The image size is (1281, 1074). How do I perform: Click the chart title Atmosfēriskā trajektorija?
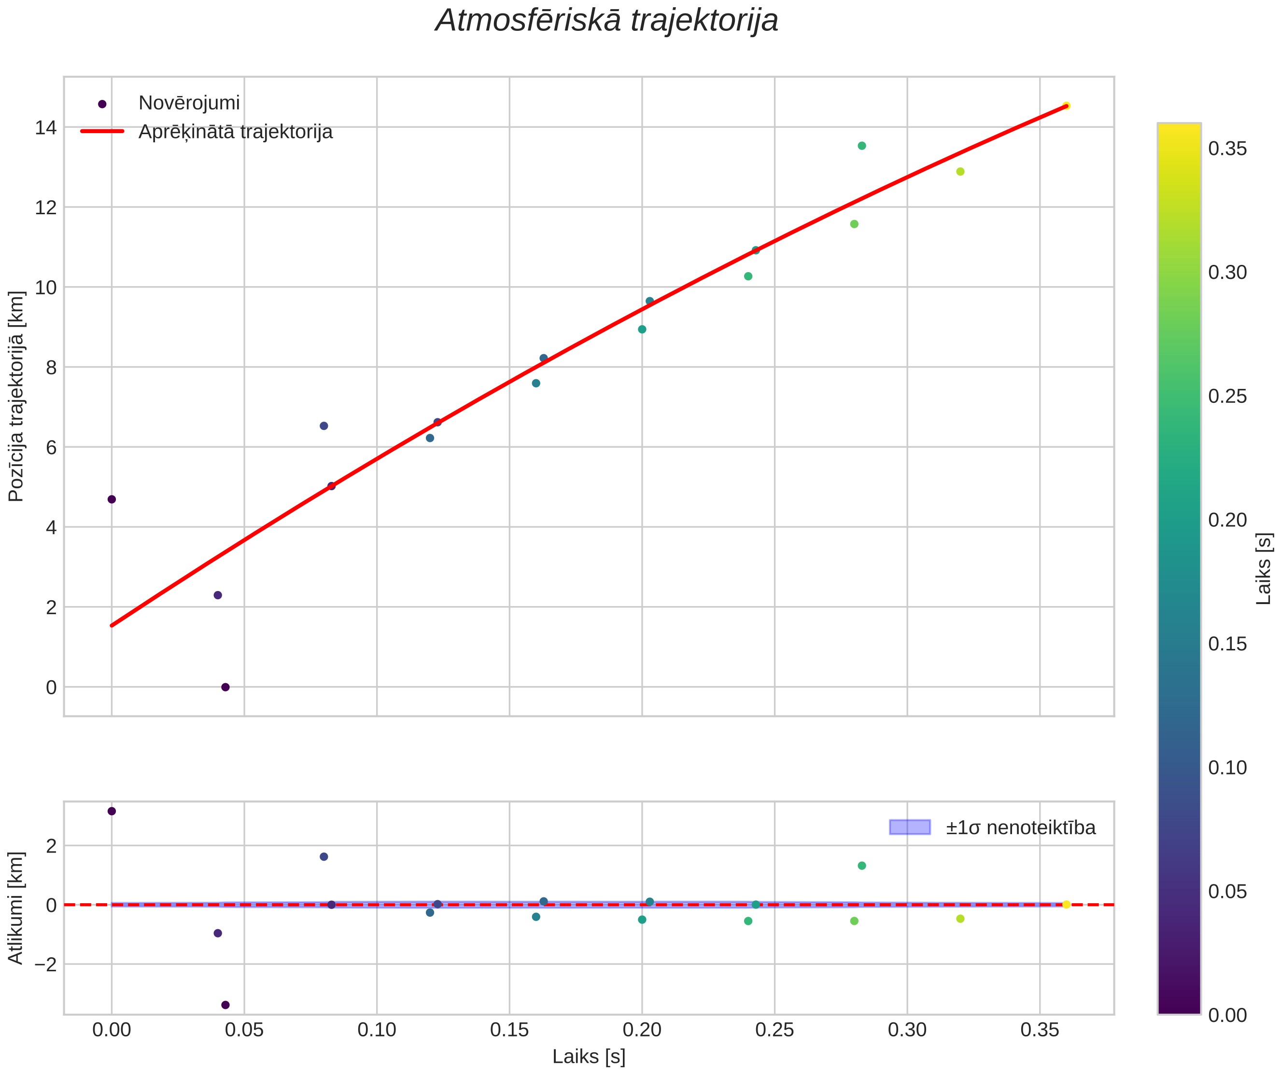(x=606, y=21)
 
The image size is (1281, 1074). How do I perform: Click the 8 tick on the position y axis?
(x=51, y=368)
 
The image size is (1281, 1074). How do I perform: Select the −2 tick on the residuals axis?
(x=42, y=965)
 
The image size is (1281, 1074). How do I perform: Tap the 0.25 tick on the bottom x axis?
(x=774, y=1031)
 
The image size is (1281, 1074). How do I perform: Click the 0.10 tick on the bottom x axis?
(x=377, y=1031)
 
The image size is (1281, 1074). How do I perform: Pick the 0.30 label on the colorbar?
(x=1228, y=273)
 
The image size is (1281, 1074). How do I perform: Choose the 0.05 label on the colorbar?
(x=1228, y=892)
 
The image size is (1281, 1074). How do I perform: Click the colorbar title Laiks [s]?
(x=1265, y=569)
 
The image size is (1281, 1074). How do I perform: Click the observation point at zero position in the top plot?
(x=225, y=687)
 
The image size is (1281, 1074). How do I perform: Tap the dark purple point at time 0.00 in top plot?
(x=112, y=499)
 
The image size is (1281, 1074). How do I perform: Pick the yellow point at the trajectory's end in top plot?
(x=1066, y=106)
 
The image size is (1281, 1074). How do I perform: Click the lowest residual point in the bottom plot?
(x=225, y=1005)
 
